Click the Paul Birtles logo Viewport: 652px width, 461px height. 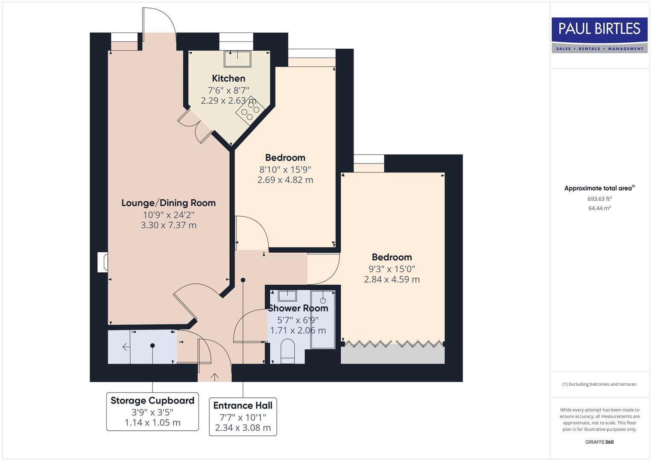599,35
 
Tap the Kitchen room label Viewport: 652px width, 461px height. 228,78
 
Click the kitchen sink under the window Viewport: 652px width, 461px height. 237,58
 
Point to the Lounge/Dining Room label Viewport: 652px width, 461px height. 168,203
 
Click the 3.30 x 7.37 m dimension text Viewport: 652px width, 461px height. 168,225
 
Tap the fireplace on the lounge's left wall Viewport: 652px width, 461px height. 102,262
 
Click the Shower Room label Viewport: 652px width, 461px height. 298,308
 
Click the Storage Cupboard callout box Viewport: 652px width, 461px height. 152,411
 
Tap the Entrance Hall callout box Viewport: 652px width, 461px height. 243,417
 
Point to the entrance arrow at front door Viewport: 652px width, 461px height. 214,376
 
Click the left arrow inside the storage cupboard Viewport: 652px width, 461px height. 126,347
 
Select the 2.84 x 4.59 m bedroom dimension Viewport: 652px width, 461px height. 392,280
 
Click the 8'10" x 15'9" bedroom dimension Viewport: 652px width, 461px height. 285,169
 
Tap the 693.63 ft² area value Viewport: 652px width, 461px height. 599,198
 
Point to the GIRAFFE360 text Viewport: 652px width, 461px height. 599,442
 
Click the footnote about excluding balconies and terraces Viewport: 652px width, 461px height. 599,384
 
